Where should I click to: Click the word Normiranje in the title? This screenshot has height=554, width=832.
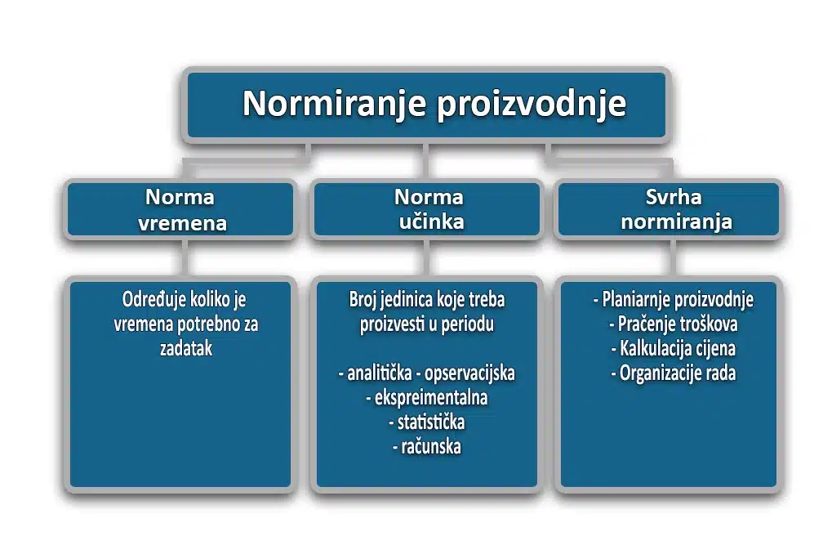click(x=334, y=104)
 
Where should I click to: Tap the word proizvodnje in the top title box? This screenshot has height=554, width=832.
click(x=532, y=105)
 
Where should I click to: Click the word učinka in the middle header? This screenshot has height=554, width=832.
click(x=431, y=222)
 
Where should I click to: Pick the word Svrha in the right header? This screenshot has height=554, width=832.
click(x=674, y=197)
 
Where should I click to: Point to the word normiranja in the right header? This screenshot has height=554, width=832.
click(x=677, y=222)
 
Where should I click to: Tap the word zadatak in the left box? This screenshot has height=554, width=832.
click(x=186, y=348)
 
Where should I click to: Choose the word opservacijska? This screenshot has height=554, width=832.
click(x=469, y=373)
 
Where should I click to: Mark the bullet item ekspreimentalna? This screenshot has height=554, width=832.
click(x=427, y=398)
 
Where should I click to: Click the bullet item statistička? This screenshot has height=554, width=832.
click(x=427, y=422)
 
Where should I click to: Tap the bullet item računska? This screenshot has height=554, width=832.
click(x=427, y=447)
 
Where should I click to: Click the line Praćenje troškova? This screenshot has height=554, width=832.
click(x=674, y=324)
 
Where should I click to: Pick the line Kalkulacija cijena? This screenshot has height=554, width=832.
click(x=674, y=348)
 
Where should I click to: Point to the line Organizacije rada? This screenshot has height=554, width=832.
click(x=674, y=373)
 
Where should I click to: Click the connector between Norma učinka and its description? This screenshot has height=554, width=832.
click(x=426, y=257)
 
